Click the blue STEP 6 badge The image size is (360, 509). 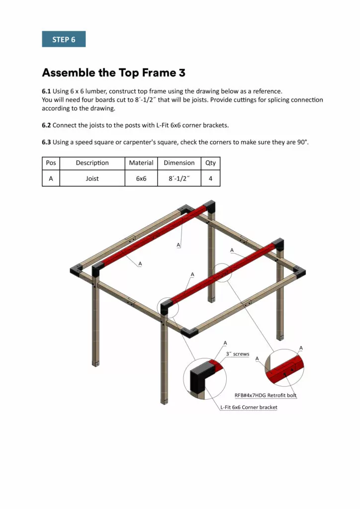click(x=64, y=39)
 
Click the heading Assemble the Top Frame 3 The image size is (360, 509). click(x=113, y=73)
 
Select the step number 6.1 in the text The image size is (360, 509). click(x=46, y=91)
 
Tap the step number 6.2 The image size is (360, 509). click(x=46, y=125)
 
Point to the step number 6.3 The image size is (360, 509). click(x=46, y=142)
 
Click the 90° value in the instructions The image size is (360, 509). click(x=302, y=142)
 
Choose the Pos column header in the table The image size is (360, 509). click(x=51, y=163)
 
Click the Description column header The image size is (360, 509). click(x=92, y=163)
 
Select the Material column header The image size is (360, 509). click(x=141, y=163)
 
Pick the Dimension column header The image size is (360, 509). click(x=179, y=163)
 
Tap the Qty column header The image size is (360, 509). click(x=210, y=163)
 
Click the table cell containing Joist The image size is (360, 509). click(x=92, y=178)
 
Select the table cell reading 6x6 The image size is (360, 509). click(x=141, y=178)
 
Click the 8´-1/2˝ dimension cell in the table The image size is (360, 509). click(x=179, y=178)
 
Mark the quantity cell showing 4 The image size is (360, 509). click(x=210, y=178)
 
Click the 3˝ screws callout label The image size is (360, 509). click(x=237, y=354)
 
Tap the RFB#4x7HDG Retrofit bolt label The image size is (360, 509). click(x=266, y=396)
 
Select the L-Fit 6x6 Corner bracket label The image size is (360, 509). click(x=249, y=407)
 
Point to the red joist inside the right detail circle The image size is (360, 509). click(x=283, y=370)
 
